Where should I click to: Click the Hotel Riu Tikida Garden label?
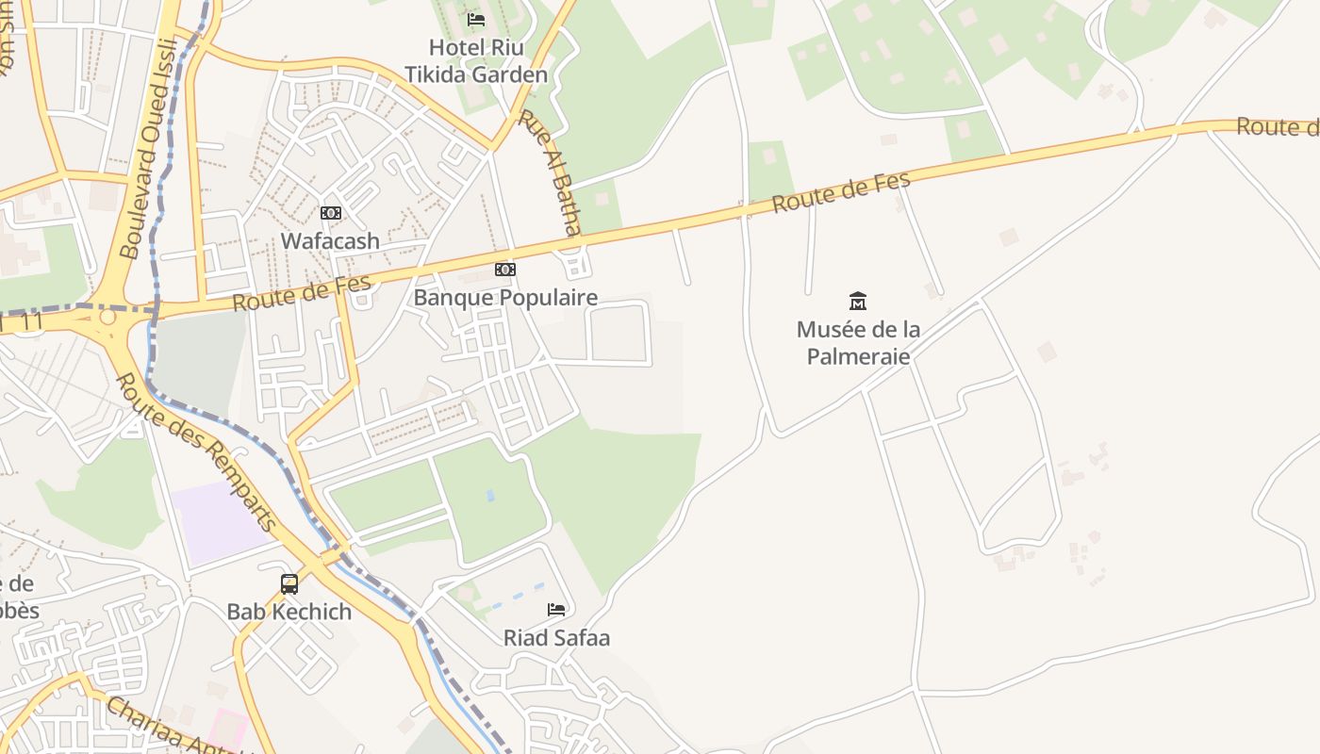476,60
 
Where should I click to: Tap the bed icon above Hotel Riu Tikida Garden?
476,19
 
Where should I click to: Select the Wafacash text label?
330,241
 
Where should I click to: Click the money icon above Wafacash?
330,213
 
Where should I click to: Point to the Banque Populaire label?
505,298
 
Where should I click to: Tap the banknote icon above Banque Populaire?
505,270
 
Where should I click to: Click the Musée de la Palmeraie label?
858,343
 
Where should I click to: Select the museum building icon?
858,302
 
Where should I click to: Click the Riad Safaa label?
556,638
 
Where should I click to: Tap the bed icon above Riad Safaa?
556,610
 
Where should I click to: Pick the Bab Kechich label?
289,612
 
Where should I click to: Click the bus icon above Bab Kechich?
289,583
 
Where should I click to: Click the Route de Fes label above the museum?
841,192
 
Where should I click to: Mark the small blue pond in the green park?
489,495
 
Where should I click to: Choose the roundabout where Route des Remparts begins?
107,318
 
